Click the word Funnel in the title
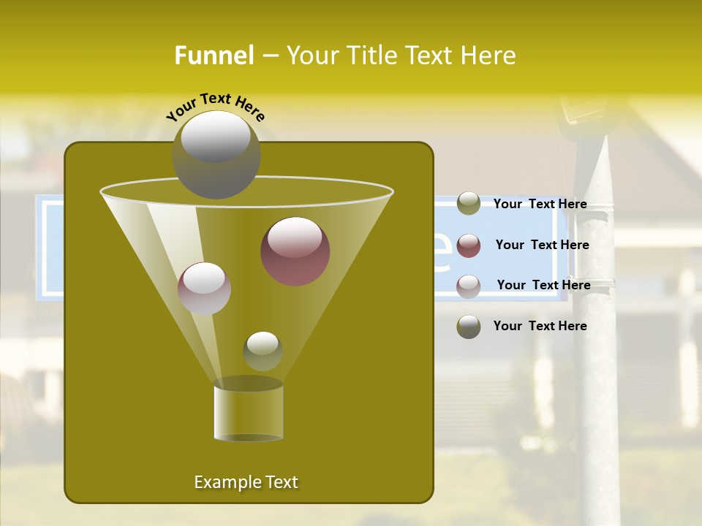tap(214, 56)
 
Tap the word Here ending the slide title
tap(488, 56)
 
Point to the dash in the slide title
tap(269, 56)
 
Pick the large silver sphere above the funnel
tap(216, 154)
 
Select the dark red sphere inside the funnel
tap(295, 251)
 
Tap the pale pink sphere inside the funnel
tap(204, 288)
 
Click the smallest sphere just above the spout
tap(263, 351)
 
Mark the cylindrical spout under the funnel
tap(248, 413)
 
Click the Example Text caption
tap(246, 482)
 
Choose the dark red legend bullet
tap(469, 245)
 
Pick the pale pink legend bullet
tap(469, 286)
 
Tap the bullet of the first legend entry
tap(469, 204)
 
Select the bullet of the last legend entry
tap(469, 327)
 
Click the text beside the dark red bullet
tap(542, 245)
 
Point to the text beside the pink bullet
tap(543, 285)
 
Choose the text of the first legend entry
tap(540, 205)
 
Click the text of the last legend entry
tap(540, 326)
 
